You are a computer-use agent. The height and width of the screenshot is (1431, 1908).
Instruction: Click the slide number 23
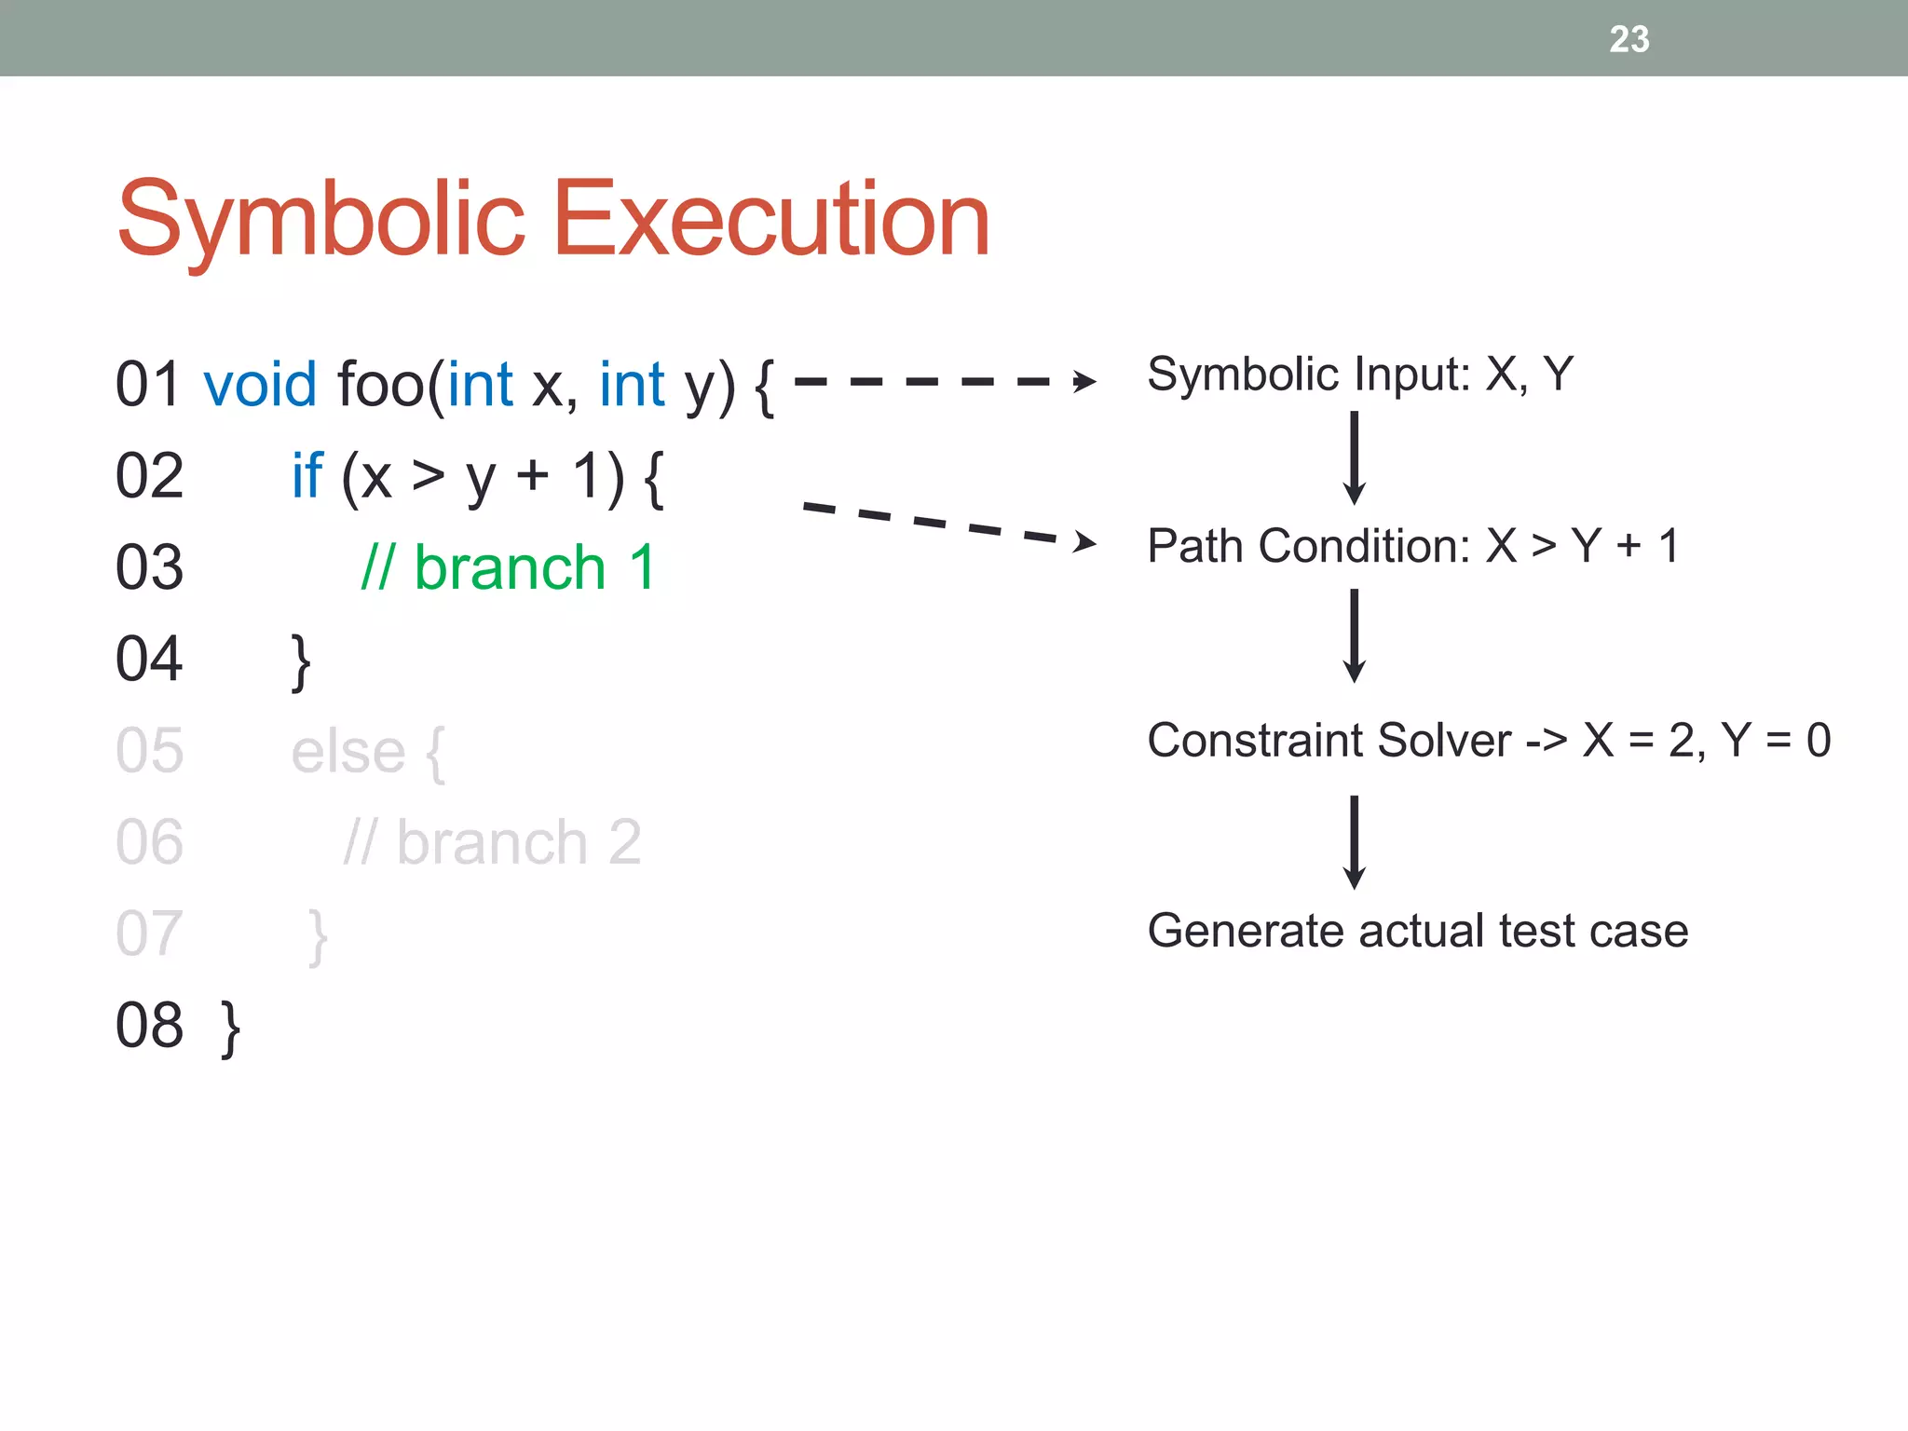(x=1629, y=39)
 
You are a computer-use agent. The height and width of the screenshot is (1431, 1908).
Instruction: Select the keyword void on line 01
(x=261, y=384)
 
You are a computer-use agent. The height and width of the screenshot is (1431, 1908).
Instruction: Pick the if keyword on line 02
(x=307, y=475)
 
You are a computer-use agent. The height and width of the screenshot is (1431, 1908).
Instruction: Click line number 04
(x=149, y=659)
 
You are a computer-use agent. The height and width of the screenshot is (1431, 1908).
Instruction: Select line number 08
(x=149, y=1025)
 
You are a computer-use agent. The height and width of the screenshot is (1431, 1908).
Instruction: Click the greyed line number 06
(x=149, y=842)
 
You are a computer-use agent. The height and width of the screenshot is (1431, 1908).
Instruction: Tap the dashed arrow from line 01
(x=941, y=381)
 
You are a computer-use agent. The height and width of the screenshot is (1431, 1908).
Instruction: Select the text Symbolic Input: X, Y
(x=1359, y=374)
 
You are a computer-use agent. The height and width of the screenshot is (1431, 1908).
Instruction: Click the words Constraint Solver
(x=1329, y=741)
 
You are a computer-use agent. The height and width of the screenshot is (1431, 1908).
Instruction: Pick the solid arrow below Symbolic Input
(x=1355, y=458)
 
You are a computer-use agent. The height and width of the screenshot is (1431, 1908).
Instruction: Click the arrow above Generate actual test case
(x=1355, y=841)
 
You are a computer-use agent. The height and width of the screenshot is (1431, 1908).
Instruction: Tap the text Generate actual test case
(x=1417, y=931)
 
